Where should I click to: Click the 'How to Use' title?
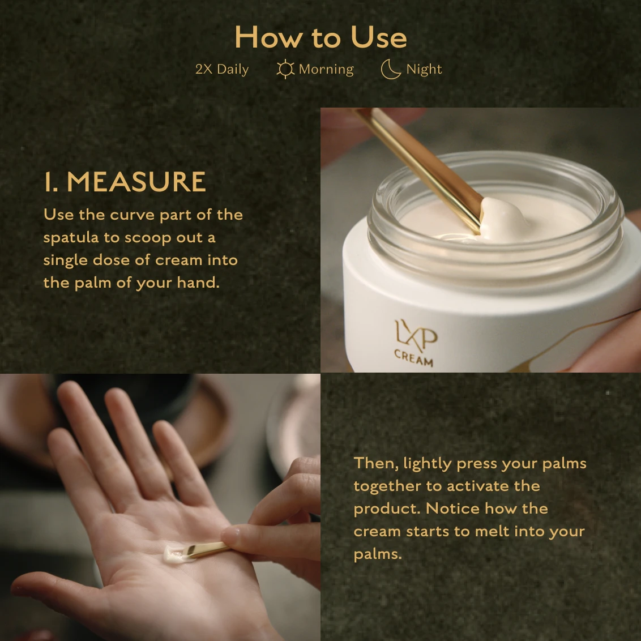321,37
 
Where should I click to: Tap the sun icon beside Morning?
285,69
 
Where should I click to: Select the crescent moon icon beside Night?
390,69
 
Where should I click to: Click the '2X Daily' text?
222,69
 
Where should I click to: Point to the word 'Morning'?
326,69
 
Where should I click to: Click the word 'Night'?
424,69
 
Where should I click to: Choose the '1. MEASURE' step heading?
125,182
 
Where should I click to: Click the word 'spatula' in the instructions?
71,238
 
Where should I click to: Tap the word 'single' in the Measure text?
66,260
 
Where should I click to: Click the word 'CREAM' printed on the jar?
413,358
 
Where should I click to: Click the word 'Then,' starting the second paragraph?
376,464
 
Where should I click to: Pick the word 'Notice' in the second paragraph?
452,508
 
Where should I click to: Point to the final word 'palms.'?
378,555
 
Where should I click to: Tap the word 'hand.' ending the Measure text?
198,283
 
